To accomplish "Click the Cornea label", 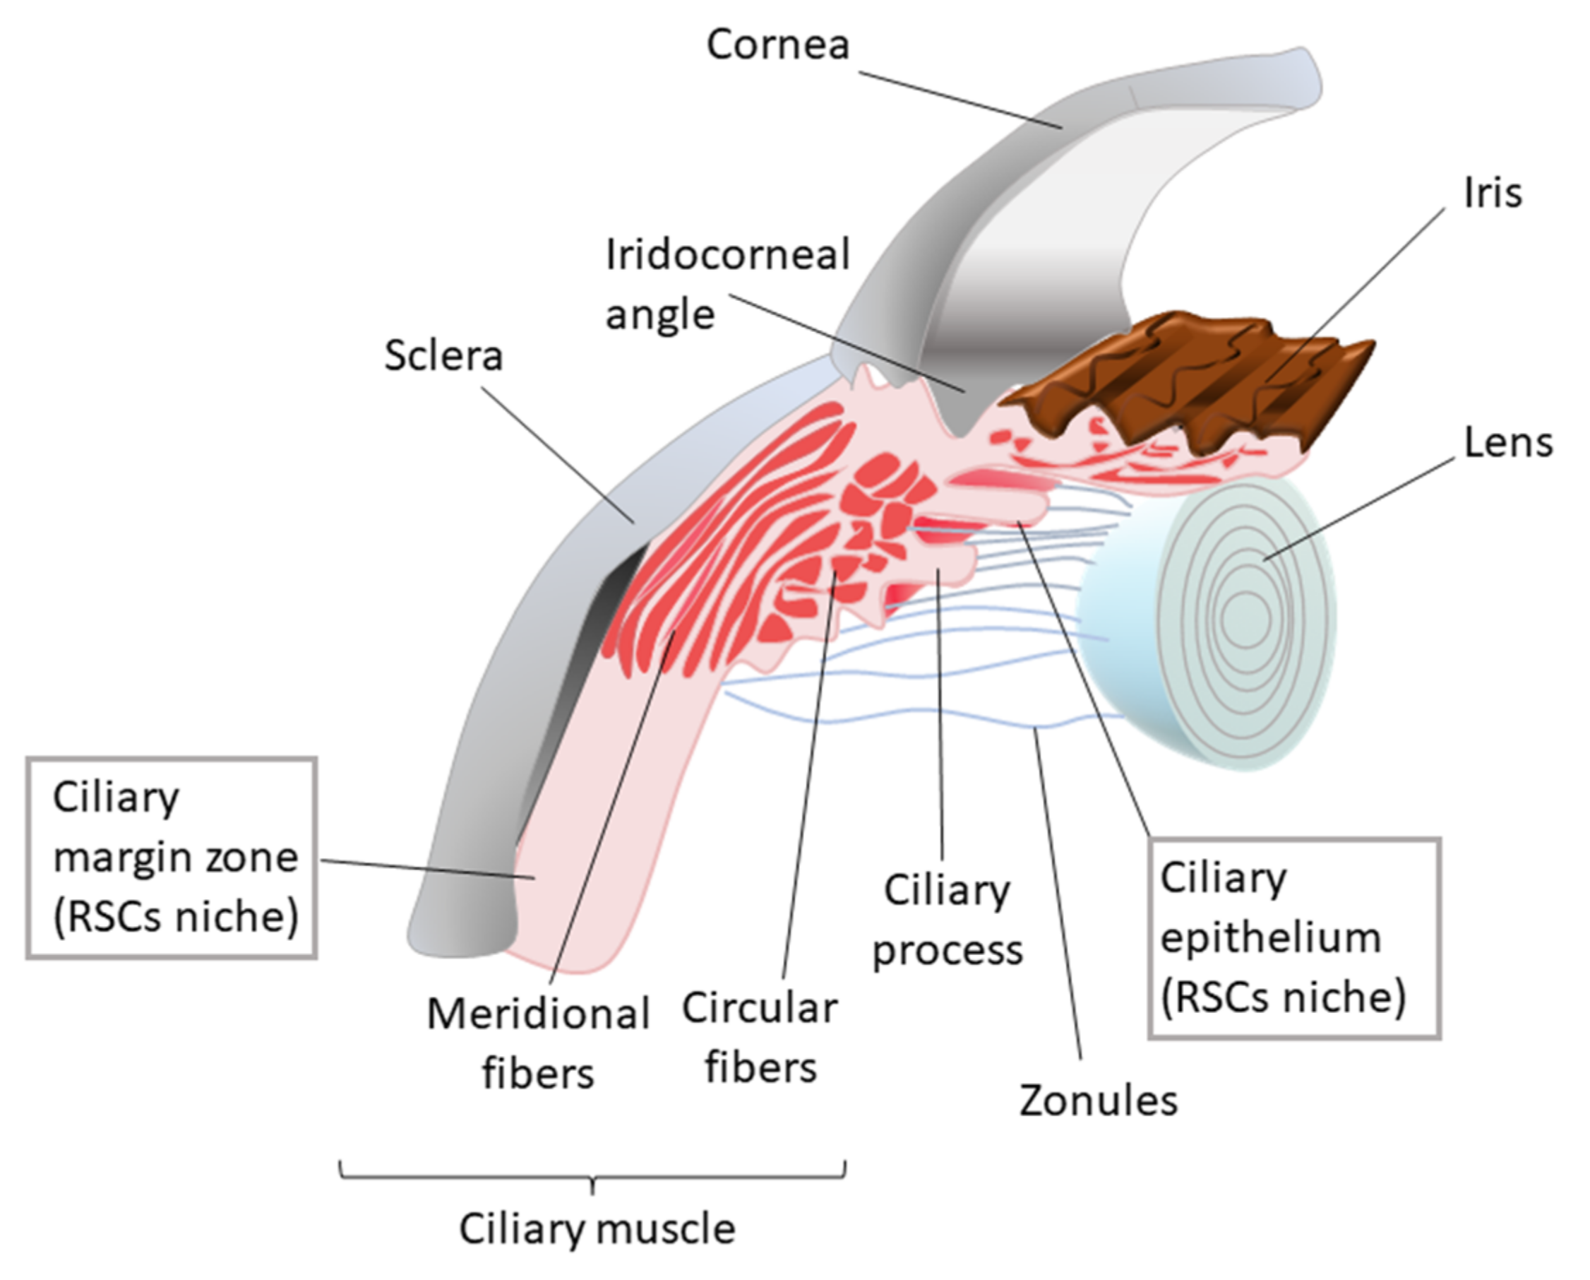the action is point(777,46).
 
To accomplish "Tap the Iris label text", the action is point(1492,194).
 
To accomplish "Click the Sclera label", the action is point(443,356).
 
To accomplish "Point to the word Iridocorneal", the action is point(727,256).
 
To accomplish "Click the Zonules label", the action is point(1098,1101).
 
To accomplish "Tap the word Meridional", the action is point(537,1014).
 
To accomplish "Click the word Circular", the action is point(760,1009).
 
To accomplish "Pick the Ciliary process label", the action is point(947,920).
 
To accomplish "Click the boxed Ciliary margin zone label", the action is point(172,858).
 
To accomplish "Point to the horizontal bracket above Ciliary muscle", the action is point(592,1176).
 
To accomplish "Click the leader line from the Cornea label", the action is point(959,100).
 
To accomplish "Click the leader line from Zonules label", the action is point(1059,900).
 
